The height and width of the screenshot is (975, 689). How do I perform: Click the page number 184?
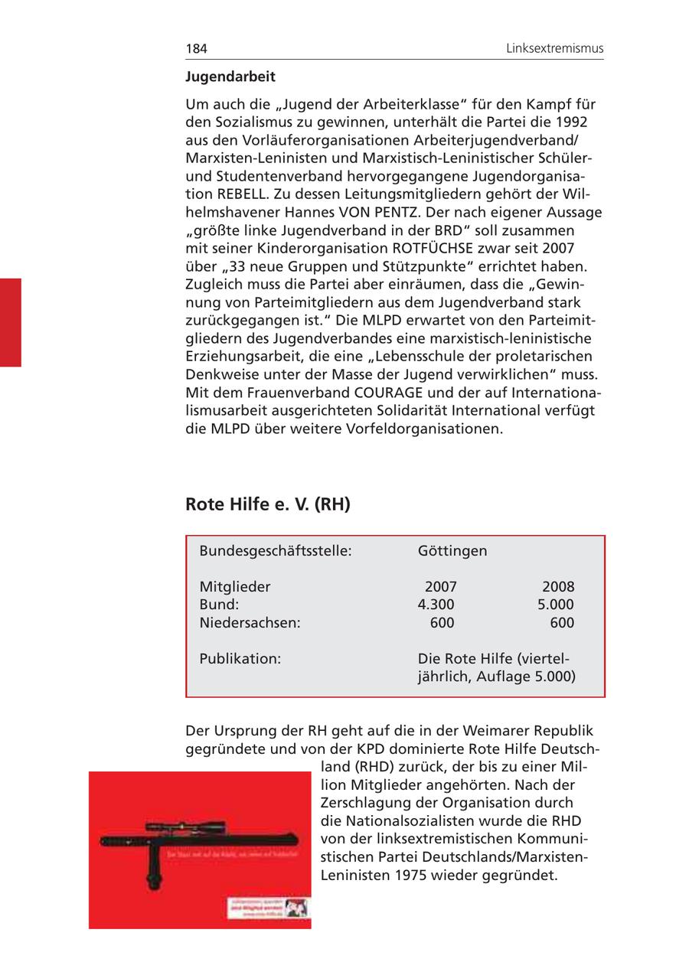(196, 49)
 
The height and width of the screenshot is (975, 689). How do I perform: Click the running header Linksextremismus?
(554, 49)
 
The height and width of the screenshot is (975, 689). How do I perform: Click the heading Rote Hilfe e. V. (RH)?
(267, 504)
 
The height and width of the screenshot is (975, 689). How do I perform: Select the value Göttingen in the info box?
(452, 551)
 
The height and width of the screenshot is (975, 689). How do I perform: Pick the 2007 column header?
(440, 587)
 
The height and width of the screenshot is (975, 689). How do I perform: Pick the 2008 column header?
(558, 587)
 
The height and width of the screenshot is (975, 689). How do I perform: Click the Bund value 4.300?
(436, 605)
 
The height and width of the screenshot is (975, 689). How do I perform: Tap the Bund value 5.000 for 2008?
(555, 605)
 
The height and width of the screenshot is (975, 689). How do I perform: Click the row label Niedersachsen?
(250, 623)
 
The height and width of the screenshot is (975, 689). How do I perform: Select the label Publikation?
(240, 659)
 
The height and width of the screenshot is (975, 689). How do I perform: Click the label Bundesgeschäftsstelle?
(275, 551)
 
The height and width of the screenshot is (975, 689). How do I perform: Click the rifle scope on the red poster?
(177, 827)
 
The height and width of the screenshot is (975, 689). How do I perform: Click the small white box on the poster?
(267, 908)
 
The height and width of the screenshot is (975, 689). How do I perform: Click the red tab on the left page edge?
(11, 322)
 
